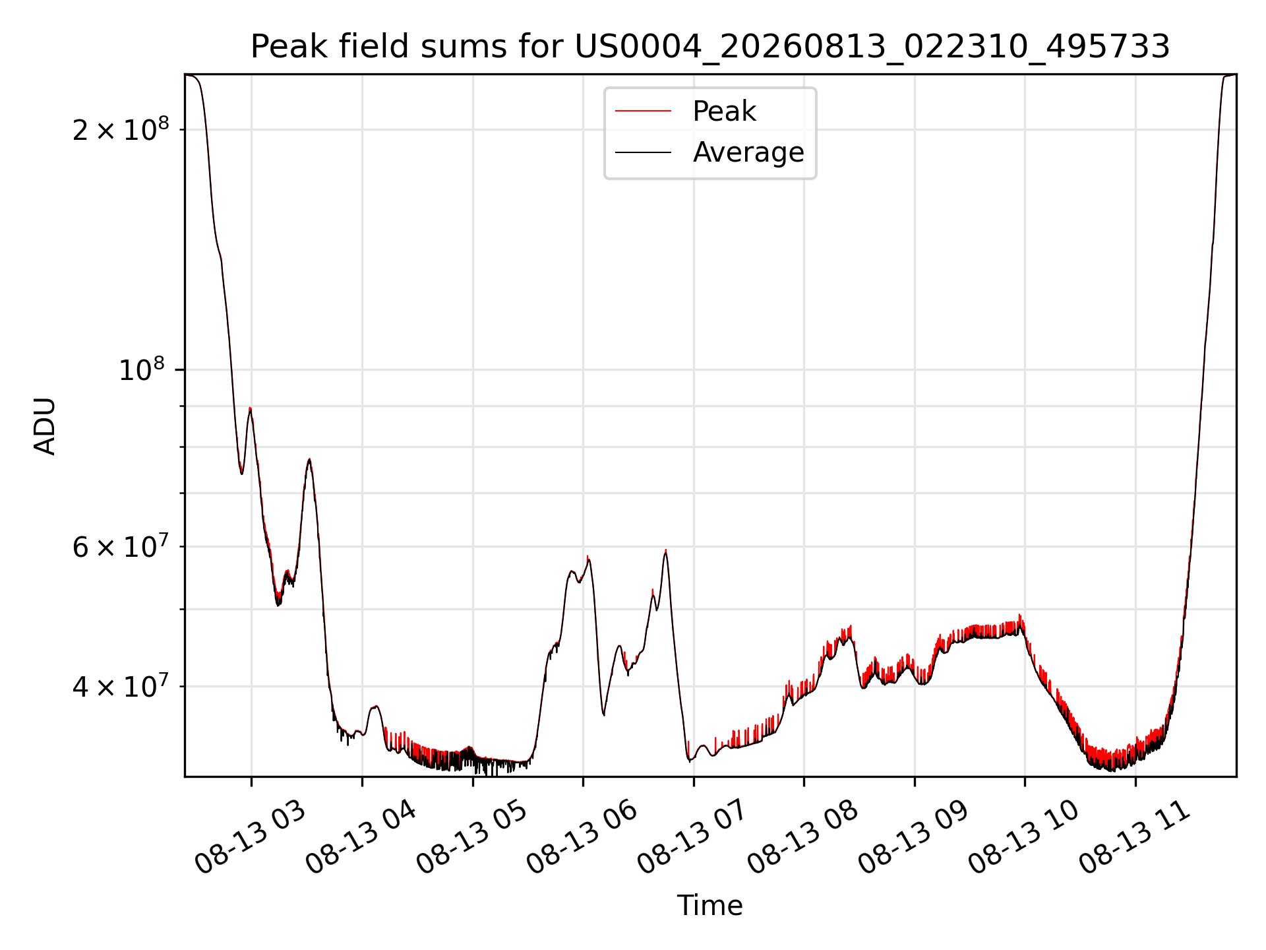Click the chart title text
(x=710, y=47)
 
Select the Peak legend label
(x=724, y=111)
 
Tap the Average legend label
(x=748, y=152)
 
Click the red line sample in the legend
(x=643, y=111)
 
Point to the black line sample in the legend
(x=643, y=152)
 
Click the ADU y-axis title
(x=45, y=426)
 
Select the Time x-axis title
(x=710, y=906)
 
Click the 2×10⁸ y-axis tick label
(x=120, y=129)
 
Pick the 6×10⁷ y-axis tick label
(x=120, y=546)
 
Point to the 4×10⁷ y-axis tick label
(x=120, y=686)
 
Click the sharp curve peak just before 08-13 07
(x=665, y=550)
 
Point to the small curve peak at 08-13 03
(x=250, y=408)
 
